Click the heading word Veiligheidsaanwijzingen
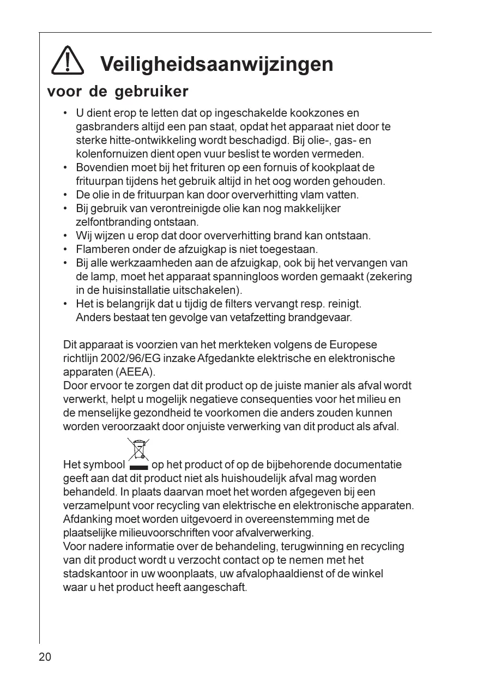click(x=217, y=64)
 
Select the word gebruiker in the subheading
click(x=152, y=91)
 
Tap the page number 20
click(x=45, y=657)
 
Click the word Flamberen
click(x=100, y=250)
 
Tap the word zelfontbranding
click(x=106, y=222)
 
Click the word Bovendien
click(x=100, y=167)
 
